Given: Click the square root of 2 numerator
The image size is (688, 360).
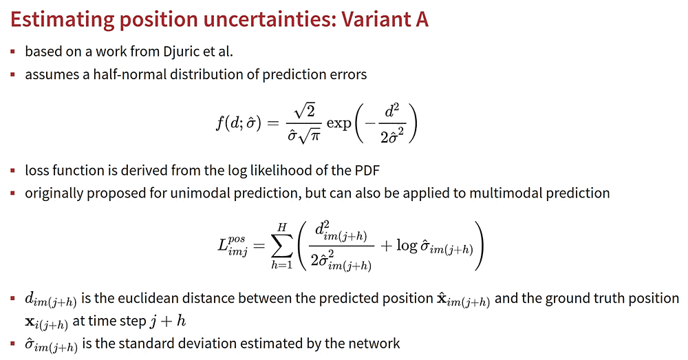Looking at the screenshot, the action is (305, 111).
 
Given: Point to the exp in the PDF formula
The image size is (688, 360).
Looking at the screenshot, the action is (338, 124).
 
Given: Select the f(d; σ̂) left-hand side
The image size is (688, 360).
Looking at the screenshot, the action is (239, 124).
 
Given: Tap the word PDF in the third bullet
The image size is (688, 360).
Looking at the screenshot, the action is (367, 170).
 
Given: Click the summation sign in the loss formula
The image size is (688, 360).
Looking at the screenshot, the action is (281, 246).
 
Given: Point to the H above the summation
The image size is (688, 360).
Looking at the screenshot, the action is (281, 227).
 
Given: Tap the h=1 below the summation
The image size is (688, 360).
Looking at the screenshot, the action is (281, 265).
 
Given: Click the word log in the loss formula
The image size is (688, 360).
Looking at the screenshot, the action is (407, 246).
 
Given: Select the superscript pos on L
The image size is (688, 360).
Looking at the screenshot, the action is (237, 240).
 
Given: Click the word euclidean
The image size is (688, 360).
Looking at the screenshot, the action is (144, 299).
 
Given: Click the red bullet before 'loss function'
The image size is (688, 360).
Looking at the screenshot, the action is (13, 170).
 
